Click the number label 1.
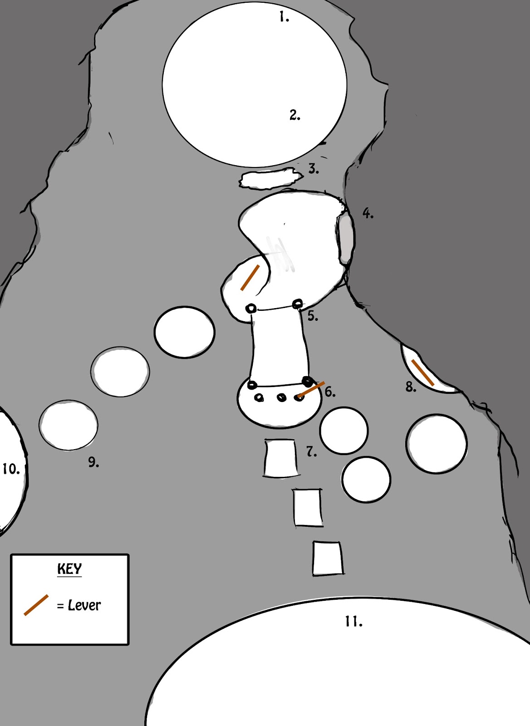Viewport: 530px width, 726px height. coord(284,18)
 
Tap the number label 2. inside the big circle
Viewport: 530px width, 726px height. coord(294,115)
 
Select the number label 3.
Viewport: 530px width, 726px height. coord(313,169)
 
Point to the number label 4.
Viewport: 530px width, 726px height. coord(368,213)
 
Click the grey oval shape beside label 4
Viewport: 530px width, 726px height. coord(346,239)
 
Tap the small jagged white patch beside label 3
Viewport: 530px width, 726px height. coord(270,179)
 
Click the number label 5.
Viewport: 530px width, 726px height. coord(312,315)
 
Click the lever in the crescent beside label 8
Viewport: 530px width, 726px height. coord(423,373)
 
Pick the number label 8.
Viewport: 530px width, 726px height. coord(410,387)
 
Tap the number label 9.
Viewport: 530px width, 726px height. coord(93,462)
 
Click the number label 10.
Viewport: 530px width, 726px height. coord(11,469)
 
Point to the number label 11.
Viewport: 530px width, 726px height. coord(353,622)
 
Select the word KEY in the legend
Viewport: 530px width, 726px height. coord(69,569)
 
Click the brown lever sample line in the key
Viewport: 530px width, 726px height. coord(36,605)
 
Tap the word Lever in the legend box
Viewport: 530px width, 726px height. coord(84,605)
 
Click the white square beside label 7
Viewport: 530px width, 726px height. coord(281,458)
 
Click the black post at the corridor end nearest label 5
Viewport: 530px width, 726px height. coord(298,303)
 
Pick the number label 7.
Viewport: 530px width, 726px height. coord(311,452)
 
